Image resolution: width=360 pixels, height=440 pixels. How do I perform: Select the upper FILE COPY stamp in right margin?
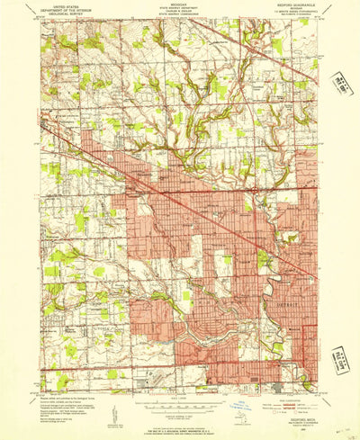(341, 85)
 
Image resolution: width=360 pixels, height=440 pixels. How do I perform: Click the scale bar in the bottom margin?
(177, 399)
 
